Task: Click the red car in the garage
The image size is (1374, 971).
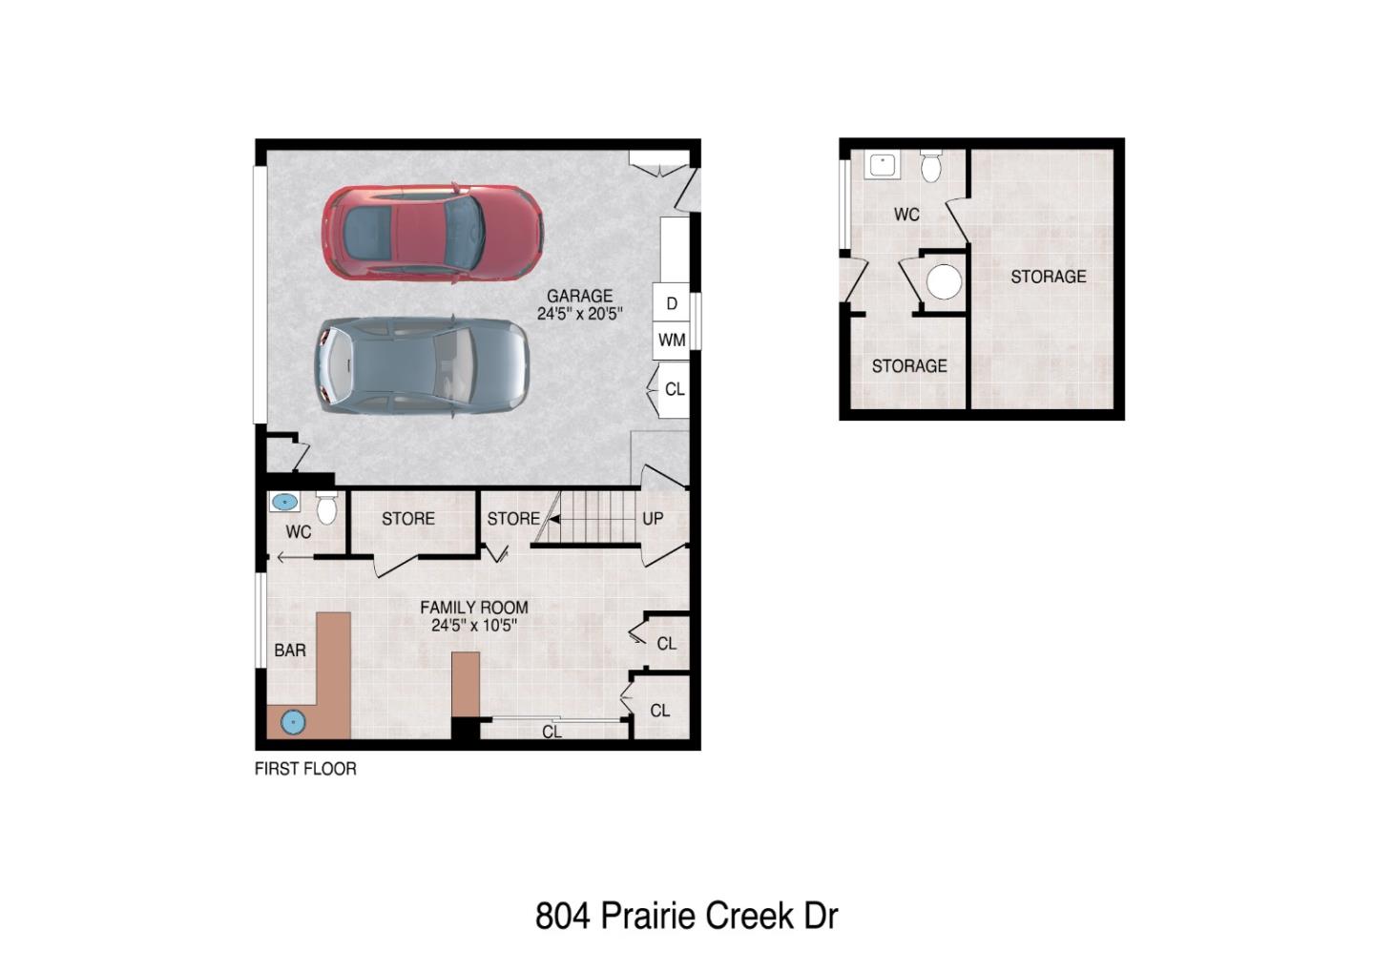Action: pos(432,234)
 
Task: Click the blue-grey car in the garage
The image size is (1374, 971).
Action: pos(421,365)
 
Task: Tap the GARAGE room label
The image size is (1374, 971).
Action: pos(579,296)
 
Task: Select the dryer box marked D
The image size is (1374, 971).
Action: pos(672,303)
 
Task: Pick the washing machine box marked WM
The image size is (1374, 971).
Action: pos(672,340)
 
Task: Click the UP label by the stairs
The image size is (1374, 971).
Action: pos(653,519)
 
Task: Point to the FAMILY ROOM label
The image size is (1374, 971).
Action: pos(474,608)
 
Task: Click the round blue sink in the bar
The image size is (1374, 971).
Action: pos(293,722)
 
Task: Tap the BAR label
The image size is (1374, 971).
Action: pos(290,651)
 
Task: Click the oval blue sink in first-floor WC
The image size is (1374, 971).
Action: pos(284,502)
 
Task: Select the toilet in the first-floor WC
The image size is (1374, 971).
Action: pos(326,509)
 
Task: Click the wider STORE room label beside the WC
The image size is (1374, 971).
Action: pos(408,519)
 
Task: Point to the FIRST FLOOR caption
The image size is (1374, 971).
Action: pos(305,769)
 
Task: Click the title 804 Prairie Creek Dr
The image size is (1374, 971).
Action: pos(686,916)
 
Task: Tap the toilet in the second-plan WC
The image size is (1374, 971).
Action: pos(931,167)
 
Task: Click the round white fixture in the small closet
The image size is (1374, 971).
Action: pos(945,282)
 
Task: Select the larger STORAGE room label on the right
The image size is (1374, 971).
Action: pos(1048,277)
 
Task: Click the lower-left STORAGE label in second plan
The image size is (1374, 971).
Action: pos(909,366)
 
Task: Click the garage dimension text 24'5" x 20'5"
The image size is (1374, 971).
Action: pos(579,314)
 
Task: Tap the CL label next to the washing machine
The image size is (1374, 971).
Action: pos(675,389)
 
